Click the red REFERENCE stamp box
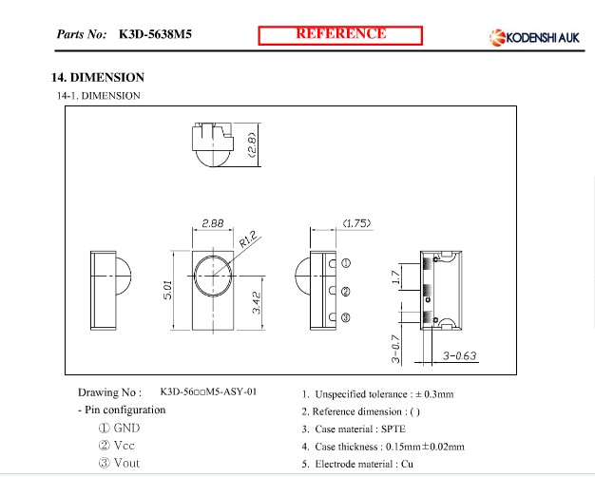340,35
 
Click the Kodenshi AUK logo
534,38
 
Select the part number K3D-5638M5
155,34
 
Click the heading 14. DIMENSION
98,77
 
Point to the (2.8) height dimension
252,144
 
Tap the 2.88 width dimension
213,223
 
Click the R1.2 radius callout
248,239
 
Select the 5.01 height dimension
167,290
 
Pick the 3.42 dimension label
257,302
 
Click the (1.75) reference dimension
356,223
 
